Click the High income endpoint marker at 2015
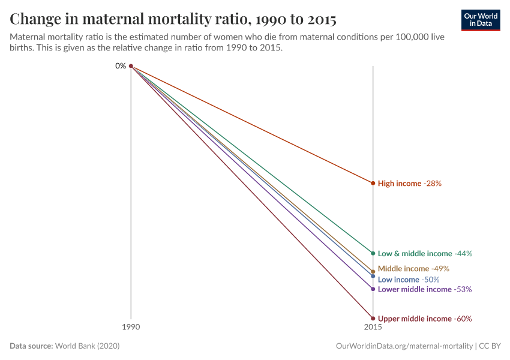tap(373, 183)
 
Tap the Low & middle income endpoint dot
tap(373, 253)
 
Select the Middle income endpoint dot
tap(373, 271)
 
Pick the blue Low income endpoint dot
tap(373, 277)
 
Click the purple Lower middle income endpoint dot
tap(373, 289)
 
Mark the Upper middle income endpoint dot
tap(373, 319)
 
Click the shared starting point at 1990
tap(131, 66)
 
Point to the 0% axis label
tap(121, 66)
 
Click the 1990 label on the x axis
tap(131, 328)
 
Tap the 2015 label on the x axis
tap(373, 328)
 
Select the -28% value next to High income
tap(433, 183)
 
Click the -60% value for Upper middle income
tap(462, 319)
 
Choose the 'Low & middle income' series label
tap(415, 253)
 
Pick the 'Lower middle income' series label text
tap(414, 289)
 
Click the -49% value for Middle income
tap(440, 269)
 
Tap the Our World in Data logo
tap(481, 20)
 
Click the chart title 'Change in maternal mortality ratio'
tap(173, 19)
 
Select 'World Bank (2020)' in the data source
tap(91, 346)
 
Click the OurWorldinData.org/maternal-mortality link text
tap(403, 346)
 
